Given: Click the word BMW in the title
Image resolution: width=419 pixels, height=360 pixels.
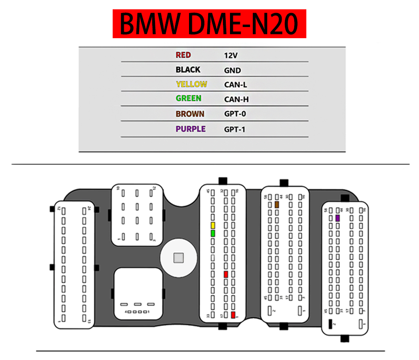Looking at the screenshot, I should (149, 24).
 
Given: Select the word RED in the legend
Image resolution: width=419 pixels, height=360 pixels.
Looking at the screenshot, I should (183, 55).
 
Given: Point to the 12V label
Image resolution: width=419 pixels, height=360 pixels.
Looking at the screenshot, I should (231, 55).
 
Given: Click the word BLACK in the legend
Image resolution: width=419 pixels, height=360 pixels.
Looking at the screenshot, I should (188, 69).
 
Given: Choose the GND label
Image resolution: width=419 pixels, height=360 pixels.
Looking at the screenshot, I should (232, 70).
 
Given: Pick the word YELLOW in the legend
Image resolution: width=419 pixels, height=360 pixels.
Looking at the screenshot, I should (191, 84).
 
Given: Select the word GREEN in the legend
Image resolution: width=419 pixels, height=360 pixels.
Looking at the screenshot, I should (189, 98).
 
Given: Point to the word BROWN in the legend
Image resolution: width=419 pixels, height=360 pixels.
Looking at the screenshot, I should (190, 114).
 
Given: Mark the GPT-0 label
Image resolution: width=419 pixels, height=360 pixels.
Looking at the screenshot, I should (235, 114).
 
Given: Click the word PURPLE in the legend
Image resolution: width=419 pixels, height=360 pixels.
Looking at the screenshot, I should (190, 129).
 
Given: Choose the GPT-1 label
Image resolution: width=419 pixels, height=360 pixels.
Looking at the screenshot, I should (235, 129).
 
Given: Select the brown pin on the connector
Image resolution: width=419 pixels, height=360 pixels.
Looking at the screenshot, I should (277, 205).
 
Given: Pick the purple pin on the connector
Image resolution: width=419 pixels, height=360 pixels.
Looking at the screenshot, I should (337, 218).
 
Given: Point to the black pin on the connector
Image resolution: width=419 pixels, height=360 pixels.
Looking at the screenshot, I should (330, 324).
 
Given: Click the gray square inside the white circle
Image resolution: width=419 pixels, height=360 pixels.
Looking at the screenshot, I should (178, 258).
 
